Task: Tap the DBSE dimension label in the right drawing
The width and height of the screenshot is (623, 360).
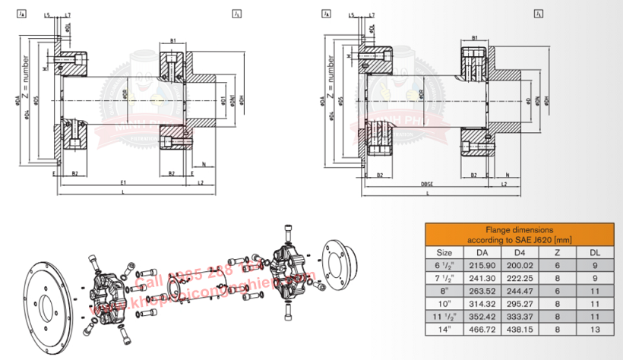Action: tap(426, 185)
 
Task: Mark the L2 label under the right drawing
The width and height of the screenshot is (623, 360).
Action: tap(504, 185)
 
